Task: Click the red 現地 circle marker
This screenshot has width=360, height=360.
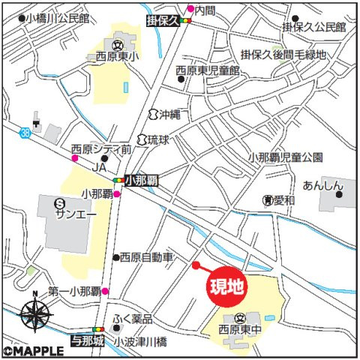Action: [226, 287]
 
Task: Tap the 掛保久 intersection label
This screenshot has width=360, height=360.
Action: [163, 22]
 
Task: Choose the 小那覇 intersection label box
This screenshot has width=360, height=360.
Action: [139, 180]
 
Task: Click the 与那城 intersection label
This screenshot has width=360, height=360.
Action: [88, 340]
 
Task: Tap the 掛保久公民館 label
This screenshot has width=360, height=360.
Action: [314, 27]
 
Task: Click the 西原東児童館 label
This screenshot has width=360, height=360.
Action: [207, 70]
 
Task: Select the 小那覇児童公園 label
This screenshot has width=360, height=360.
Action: [285, 157]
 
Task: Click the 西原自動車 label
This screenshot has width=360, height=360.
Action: [147, 257]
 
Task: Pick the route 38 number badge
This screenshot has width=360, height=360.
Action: [26, 132]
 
